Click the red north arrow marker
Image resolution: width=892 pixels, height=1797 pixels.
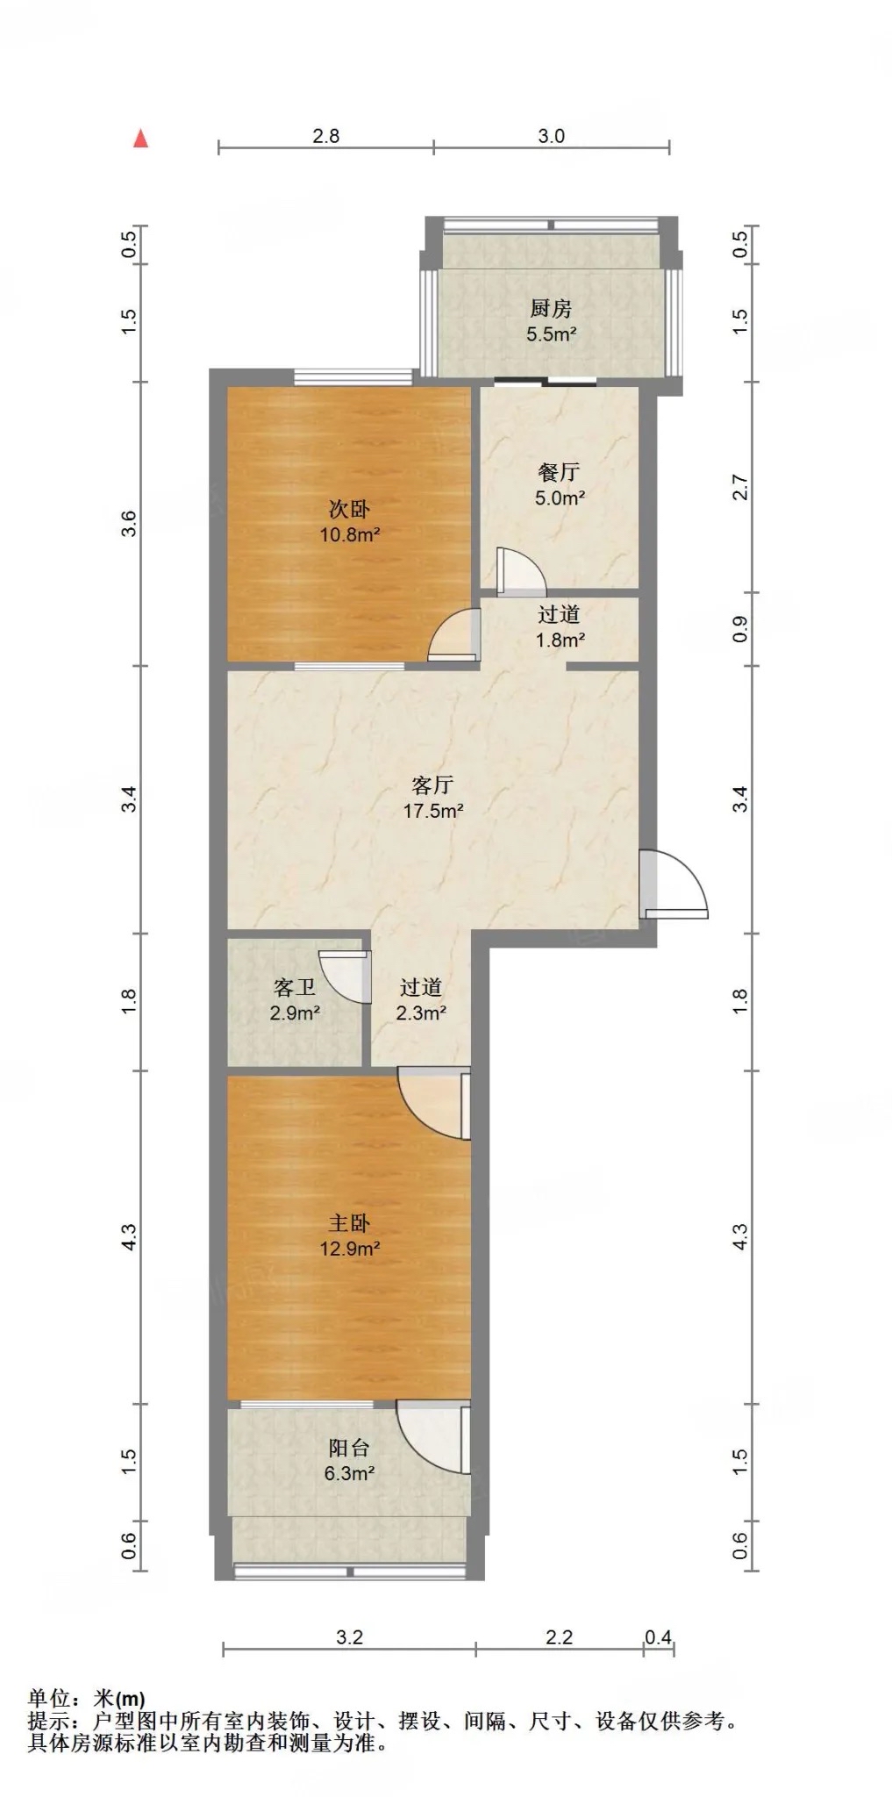(140, 138)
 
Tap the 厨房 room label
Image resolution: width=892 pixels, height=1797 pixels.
(551, 308)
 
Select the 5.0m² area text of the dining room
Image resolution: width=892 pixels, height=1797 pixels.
(560, 498)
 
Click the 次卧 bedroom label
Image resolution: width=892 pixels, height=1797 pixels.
(349, 509)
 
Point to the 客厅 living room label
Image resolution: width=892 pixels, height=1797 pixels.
(432, 784)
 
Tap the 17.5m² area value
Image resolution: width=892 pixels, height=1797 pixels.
(433, 811)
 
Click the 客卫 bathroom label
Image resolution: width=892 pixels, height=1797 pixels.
(295, 987)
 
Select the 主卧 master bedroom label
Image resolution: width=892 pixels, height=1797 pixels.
(349, 1222)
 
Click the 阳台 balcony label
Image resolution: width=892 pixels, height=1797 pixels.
(349, 1448)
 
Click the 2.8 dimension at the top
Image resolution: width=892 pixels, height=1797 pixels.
(325, 136)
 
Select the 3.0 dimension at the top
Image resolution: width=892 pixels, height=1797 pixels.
(551, 136)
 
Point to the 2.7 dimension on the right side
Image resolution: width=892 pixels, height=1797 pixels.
(740, 488)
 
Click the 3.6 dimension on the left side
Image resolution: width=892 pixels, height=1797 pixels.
(129, 524)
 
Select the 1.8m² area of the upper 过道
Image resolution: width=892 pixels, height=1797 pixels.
(560, 640)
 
